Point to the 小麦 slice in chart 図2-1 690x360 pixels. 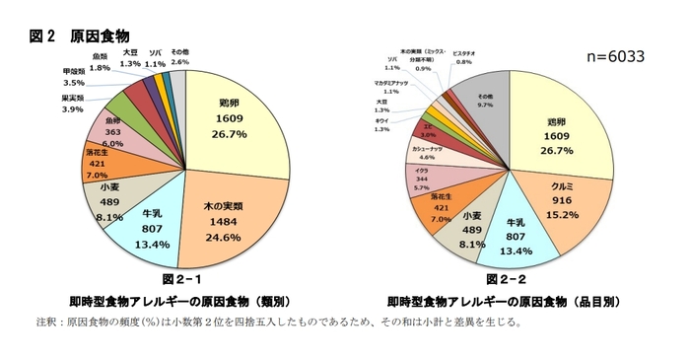click(x=110, y=200)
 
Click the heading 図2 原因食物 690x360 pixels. click(x=80, y=36)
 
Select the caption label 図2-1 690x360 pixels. click(x=183, y=281)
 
